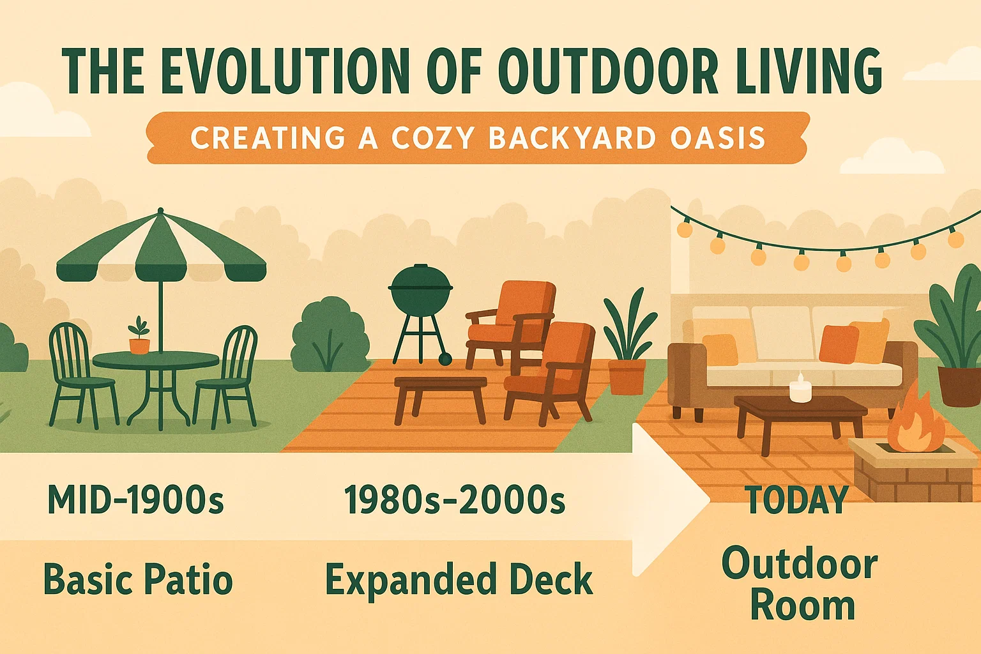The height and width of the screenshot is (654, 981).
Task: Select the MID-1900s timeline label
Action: (135, 500)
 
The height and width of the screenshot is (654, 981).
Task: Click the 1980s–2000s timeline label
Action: (455, 500)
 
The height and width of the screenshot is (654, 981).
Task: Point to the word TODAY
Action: (797, 500)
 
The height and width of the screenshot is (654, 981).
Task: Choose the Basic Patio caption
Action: (138, 580)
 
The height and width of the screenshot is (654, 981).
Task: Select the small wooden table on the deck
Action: (440, 393)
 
